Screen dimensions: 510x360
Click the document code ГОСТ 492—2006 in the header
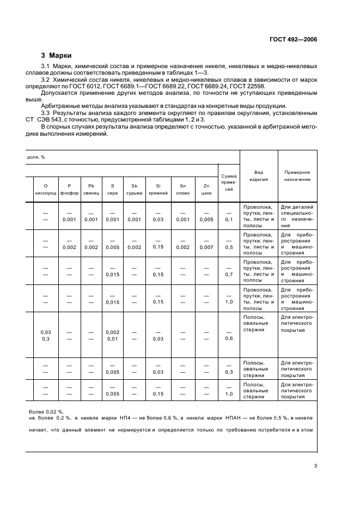click(294, 39)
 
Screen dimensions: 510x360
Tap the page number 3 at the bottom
click(315, 466)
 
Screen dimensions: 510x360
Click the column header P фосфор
click(69, 189)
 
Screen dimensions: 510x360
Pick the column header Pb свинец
click(91, 189)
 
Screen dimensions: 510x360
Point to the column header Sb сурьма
click(135, 189)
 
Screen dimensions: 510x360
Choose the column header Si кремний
click(158, 189)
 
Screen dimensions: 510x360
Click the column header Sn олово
click(183, 189)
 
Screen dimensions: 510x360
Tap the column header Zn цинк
click(206, 189)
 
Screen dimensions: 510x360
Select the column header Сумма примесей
click(229, 183)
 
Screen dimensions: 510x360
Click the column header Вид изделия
click(259, 175)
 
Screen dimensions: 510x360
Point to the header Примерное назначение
click(297, 175)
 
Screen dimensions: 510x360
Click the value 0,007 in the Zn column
click(206, 247)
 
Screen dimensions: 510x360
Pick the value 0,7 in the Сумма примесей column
click(229, 274)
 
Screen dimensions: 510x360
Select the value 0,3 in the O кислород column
click(45, 338)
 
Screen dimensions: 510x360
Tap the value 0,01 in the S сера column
click(112, 338)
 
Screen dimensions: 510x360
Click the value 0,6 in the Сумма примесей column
click(229, 338)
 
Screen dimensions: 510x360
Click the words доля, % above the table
click(36, 157)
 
